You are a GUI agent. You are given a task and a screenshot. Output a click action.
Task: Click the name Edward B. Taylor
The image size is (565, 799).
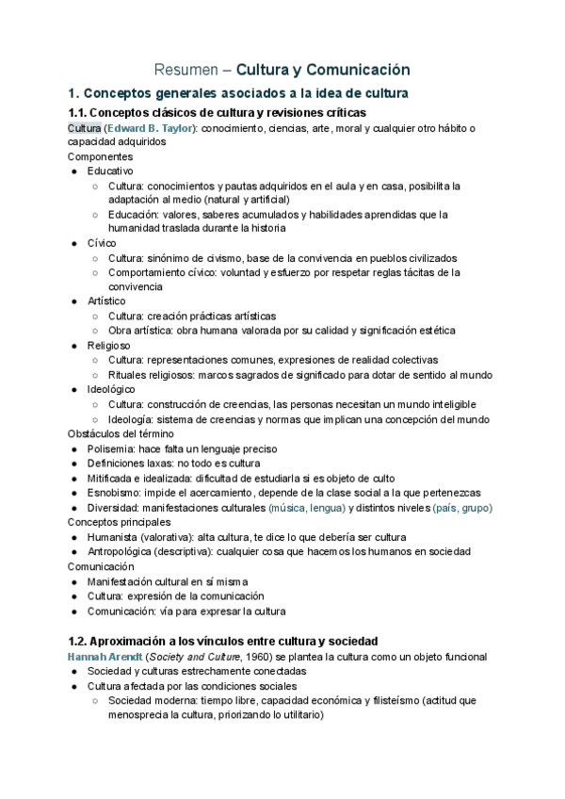[149, 128]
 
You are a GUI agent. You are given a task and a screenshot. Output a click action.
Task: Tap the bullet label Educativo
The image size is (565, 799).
[110, 171]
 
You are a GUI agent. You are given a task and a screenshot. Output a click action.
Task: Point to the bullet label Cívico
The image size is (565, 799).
[103, 243]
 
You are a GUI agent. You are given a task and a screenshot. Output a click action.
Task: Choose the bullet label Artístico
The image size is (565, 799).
[106, 301]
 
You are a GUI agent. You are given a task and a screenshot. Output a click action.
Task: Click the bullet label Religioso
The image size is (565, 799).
[110, 345]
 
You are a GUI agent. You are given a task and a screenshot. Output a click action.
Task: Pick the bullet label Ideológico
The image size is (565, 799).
[111, 388]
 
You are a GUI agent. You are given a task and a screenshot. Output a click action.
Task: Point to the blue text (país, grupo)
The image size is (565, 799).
[461, 508]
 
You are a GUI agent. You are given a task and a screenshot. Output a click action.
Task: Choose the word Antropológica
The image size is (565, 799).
[122, 551]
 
